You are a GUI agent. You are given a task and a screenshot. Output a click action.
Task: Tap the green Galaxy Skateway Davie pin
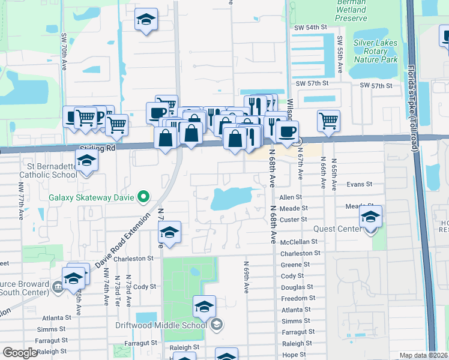pyautogui.click(x=143, y=196)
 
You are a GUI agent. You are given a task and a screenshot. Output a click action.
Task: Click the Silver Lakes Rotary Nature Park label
pyautogui.click(x=376, y=51)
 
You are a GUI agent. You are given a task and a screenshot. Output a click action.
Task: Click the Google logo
pyautogui.click(x=20, y=353)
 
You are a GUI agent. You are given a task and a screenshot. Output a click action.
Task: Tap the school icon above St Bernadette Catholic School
pyautogui.click(x=87, y=162)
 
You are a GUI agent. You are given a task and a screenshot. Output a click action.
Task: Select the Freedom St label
pyautogui.click(x=298, y=298)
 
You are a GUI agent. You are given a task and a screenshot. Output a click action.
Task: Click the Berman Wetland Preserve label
pyautogui.click(x=351, y=10)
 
